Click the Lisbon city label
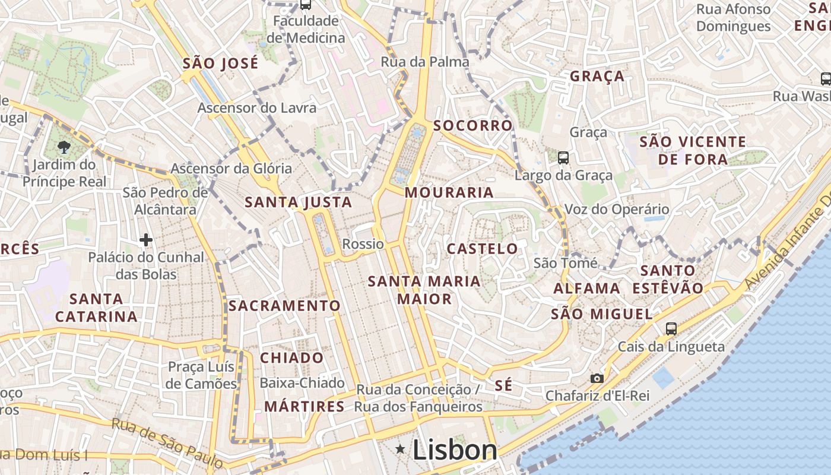tap(455, 450)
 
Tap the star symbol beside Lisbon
tap(401, 449)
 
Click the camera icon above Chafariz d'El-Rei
tap(597, 378)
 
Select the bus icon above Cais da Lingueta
tap(671, 328)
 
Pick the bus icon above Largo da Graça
tap(563, 158)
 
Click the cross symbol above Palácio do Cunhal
tap(146, 240)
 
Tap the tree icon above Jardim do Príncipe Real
tap(64, 147)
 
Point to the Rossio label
tap(363, 244)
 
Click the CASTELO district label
tap(482, 248)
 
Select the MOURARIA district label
tap(449, 192)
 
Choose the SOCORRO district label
tap(472, 125)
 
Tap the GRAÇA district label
tap(597, 76)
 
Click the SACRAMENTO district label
tap(284, 306)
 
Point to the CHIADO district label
tap(292, 358)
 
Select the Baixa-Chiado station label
tap(302, 383)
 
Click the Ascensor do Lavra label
tap(256, 108)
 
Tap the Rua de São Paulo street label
tap(167, 443)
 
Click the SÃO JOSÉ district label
tap(220, 63)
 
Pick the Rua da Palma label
tap(425, 62)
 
